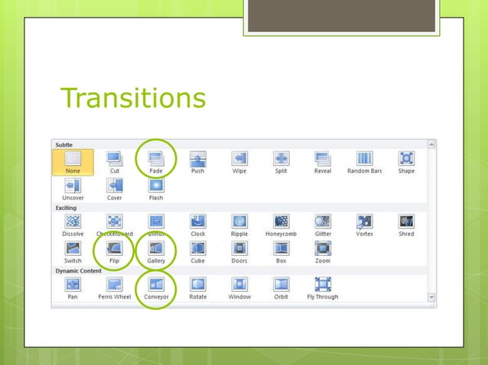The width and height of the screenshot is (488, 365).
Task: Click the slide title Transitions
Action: point(132,98)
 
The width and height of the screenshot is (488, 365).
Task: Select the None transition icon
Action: point(73,159)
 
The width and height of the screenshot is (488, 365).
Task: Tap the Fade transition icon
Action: point(156,159)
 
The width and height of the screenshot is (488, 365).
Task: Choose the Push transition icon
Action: point(197,159)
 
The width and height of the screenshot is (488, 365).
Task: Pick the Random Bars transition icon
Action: point(364,159)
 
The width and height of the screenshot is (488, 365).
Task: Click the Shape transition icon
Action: point(406,159)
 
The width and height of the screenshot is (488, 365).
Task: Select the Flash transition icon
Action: point(156,186)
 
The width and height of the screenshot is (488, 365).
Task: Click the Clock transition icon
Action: point(197,221)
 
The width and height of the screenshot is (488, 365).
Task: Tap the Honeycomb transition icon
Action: point(281,221)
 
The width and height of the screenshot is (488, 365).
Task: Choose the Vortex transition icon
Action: point(364,221)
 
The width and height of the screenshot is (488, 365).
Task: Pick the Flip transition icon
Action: point(114,248)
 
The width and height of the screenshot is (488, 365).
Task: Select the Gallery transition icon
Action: point(156,248)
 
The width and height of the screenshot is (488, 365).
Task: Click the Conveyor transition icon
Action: point(156,285)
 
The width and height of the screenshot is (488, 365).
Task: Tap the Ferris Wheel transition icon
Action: point(114,285)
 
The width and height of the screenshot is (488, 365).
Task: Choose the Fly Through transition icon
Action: point(323,285)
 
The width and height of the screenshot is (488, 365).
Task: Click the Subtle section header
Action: point(64,144)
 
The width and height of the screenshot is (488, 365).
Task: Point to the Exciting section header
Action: point(66,207)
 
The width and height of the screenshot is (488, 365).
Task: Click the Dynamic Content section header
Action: point(79,270)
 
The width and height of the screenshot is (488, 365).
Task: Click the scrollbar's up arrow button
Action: point(431,144)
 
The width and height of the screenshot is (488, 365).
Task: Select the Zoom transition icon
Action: point(323,248)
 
